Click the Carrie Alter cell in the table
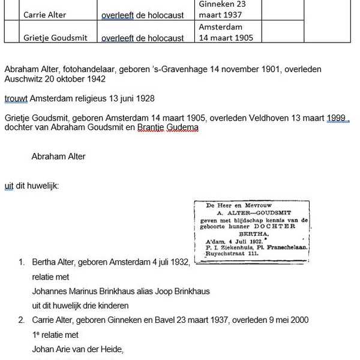click(45, 15)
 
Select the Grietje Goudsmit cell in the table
click(55, 38)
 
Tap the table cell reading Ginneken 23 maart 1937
click(222, 10)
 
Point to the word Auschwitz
click(25, 79)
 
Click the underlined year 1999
click(337, 118)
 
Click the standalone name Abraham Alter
click(58, 157)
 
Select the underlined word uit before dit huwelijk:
click(9, 186)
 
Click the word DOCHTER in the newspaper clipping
click(274, 226)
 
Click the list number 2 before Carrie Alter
click(22, 320)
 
